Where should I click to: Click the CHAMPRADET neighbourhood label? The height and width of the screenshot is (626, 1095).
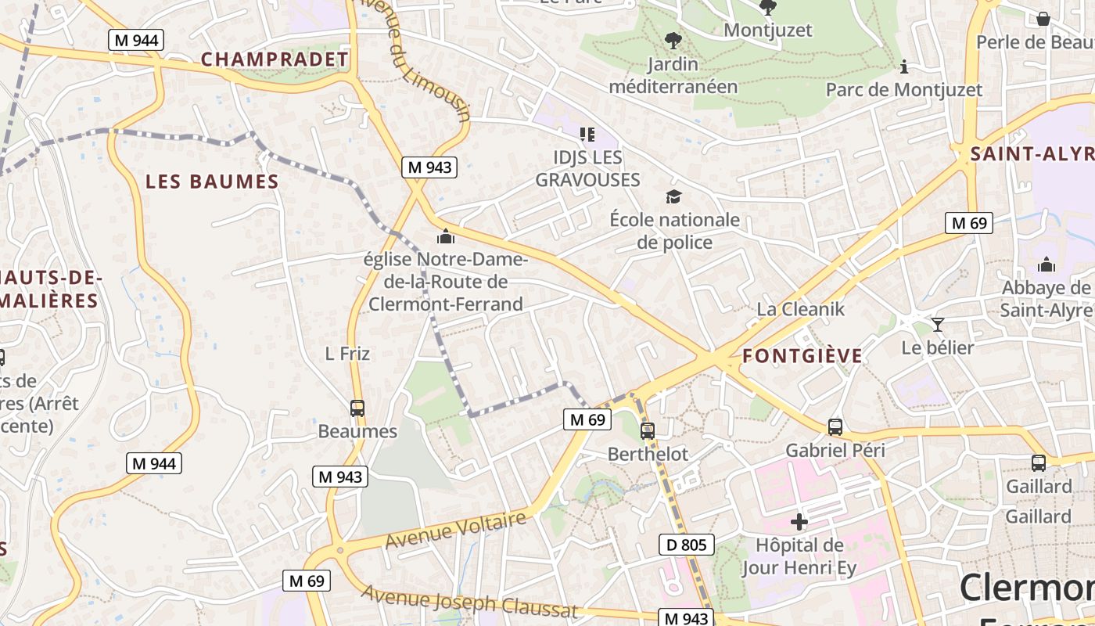(x=275, y=59)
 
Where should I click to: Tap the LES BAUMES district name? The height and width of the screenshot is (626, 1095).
(x=212, y=182)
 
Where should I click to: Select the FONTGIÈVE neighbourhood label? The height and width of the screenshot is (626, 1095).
(x=802, y=357)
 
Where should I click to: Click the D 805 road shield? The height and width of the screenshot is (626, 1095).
(x=687, y=545)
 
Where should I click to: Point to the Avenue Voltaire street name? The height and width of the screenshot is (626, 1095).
(x=456, y=530)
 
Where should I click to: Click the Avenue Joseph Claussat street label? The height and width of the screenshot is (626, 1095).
(x=469, y=601)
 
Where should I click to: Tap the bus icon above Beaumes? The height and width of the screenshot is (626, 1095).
(x=357, y=408)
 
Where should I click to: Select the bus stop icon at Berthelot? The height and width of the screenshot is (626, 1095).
(x=648, y=430)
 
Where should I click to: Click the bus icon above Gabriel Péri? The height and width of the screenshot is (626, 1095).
(x=835, y=427)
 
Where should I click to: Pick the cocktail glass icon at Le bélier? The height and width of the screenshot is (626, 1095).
(x=938, y=324)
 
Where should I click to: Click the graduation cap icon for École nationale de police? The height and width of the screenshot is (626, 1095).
(x=673, y=196)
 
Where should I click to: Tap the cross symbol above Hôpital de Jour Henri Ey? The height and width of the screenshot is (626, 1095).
(x=799, y=521)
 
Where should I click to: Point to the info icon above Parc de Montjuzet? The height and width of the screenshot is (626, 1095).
(x=904, y=67)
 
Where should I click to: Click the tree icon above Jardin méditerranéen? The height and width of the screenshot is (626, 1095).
(x=673, y=40)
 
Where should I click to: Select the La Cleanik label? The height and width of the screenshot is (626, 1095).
(x=800, y=309)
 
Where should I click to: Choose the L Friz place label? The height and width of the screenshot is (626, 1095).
(x=347, y=354)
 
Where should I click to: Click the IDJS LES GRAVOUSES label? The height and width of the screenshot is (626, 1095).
(x=587, y=168)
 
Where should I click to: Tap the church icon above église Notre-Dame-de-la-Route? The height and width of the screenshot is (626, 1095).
(x=446, y=236)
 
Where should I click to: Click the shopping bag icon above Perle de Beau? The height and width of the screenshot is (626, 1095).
(x=1043, y=19)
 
